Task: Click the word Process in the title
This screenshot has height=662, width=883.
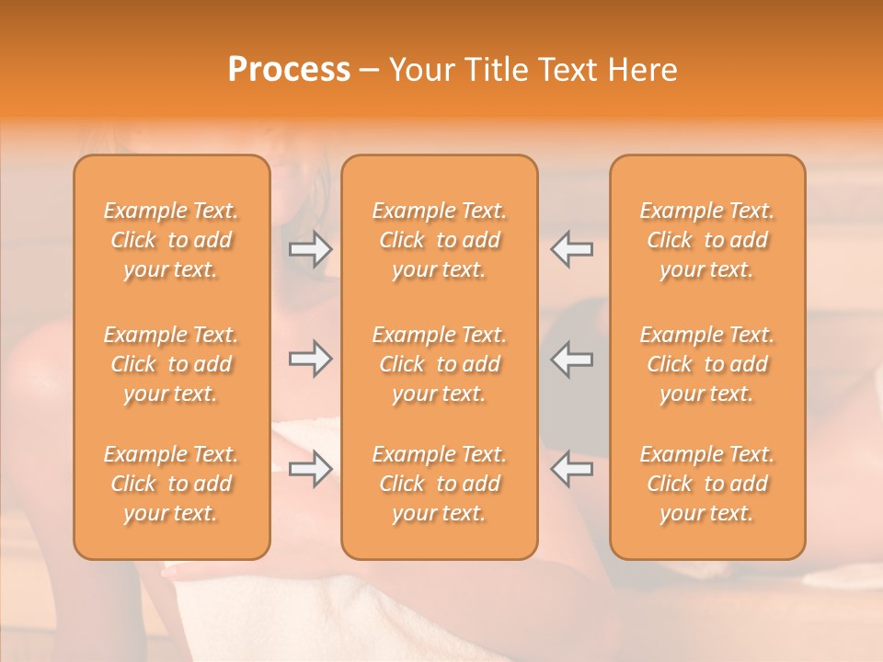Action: [289, 70]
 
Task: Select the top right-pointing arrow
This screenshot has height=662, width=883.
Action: [310, 248]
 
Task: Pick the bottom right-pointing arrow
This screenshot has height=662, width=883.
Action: [310, 469]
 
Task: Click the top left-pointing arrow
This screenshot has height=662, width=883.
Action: [571, 248]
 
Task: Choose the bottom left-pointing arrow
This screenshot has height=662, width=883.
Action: [571, 469]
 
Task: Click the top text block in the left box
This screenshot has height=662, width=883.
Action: [171, 240]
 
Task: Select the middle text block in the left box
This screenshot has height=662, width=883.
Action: [171, 364]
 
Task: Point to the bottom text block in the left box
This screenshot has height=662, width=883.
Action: [171, 484]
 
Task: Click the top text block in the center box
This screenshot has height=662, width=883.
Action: [440, 240]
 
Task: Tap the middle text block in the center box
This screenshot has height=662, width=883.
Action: [440, 364]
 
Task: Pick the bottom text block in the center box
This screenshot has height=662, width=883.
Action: [440, 484]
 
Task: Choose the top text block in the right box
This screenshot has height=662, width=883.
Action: [707, 240]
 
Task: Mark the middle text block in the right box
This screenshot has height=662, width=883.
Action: [707, 364]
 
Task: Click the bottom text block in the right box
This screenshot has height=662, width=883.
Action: [707, 484]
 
